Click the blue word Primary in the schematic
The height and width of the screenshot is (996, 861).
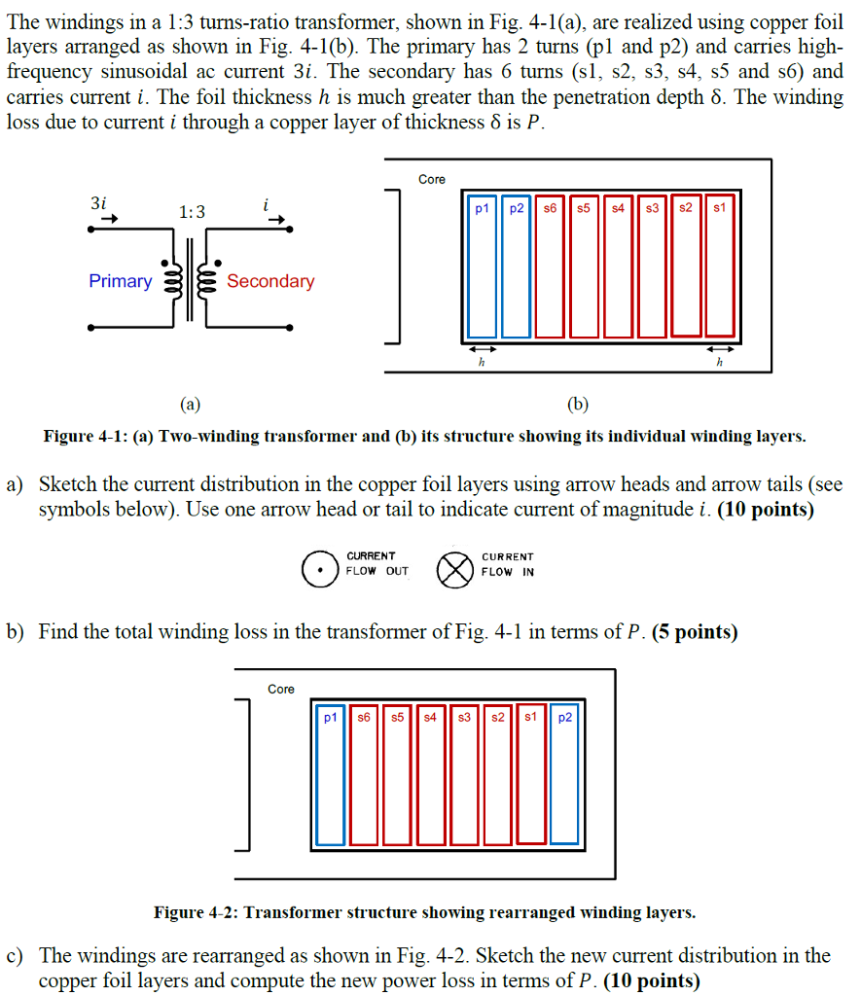point(120,281)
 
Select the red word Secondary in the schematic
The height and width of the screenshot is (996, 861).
point(270,281)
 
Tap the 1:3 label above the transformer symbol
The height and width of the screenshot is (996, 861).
point(192,212)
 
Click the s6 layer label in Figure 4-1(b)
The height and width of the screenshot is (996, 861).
point(550,208)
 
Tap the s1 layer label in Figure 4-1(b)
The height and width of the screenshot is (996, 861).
point(719,208)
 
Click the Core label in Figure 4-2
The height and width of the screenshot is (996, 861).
point(281,689)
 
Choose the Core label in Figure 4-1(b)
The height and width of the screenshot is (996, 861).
point(432,179)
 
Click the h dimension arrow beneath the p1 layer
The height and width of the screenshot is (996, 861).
point(483,348)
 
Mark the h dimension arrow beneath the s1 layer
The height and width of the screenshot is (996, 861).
point(720,348)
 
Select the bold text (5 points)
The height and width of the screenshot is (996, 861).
point(695,632)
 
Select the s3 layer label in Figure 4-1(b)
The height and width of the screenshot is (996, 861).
point(652,208)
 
